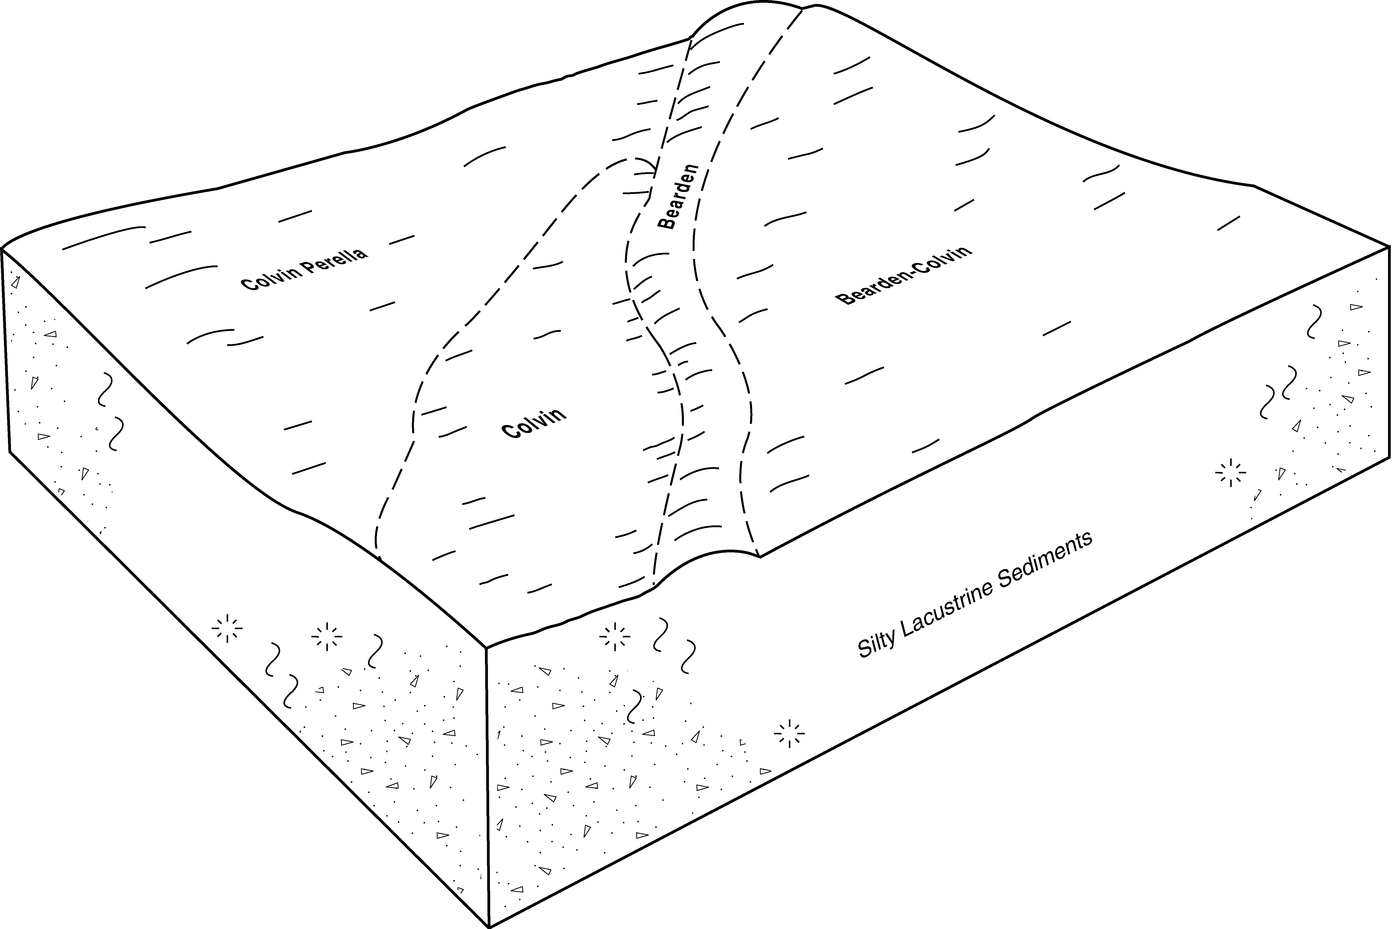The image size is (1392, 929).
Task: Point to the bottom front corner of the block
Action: pyautogui.click(x=489, y=927)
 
